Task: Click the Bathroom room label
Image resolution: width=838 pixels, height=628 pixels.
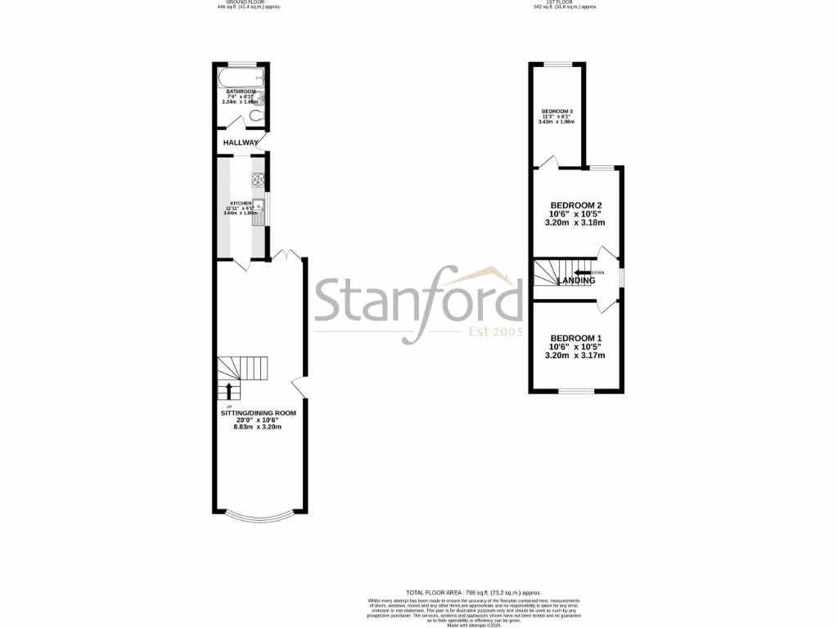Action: (241, 92)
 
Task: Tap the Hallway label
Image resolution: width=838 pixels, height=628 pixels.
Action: (241, 142)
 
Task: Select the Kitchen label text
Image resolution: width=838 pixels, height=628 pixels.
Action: (240, 203)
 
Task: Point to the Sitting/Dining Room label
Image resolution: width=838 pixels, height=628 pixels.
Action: (258, 414)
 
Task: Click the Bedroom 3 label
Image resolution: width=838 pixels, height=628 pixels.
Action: (556, 111)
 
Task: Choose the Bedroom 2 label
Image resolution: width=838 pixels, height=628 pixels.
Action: (576, 205)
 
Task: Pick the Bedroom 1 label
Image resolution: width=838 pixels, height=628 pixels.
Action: (576, 339)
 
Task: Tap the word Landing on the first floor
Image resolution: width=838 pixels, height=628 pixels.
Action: (576, 280)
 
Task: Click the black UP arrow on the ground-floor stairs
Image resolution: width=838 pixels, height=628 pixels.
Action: (228, 390)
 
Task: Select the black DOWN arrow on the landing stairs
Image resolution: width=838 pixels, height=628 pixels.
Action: (582, 273)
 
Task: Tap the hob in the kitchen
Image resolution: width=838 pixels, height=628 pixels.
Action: (258, 177)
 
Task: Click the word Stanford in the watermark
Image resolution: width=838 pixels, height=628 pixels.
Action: (418, 298)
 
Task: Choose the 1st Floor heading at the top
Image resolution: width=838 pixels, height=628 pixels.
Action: (565, 2)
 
